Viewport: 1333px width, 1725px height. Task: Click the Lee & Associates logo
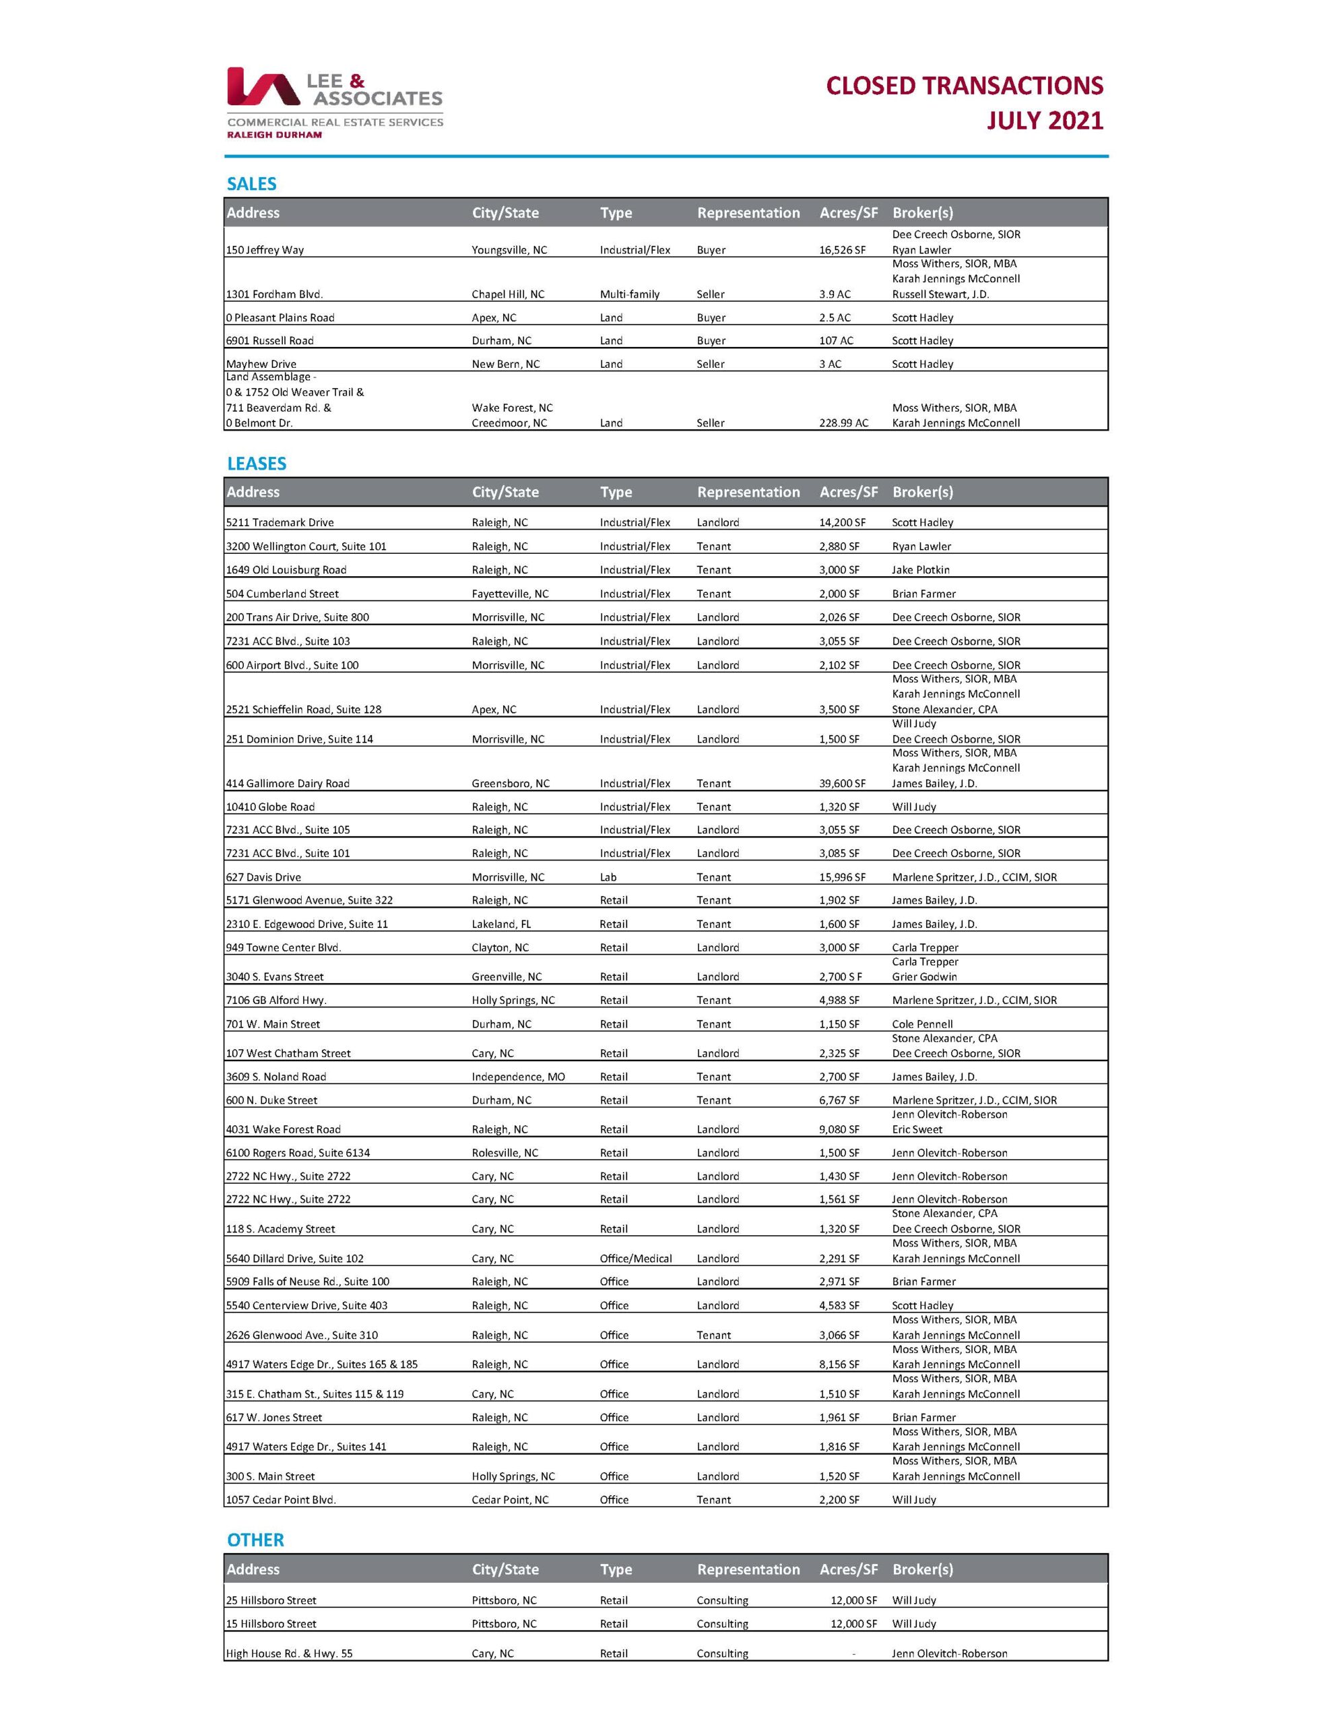pyautogui.click(x=335, y=102)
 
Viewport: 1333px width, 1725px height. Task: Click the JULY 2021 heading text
pyautogui.click(x=1044, y=121)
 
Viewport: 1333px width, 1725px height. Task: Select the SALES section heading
pyautogui.click(x=251, y=184)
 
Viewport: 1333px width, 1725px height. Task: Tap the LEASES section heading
pyautogui.click(x=257, y=464)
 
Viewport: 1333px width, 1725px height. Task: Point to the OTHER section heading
pyautogui.click(x=255, y=1540)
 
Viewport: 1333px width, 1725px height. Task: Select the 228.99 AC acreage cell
pyautogui.click(x=843, y=423)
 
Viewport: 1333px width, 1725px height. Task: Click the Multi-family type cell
pyautogui.click(x=629, y=294)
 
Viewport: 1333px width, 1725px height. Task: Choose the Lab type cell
pyautogui.click(x=608, y=877)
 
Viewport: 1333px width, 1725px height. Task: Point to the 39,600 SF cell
pyautogui.click(x=842, y=784)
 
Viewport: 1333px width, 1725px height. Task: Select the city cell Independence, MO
pyautogui.click(x=518, y=1077)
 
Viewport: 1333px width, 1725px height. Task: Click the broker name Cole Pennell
pyautogui.click(x=922, y=1024)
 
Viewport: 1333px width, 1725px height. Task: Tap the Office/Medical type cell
pyautogui.click(x=636, y=1259)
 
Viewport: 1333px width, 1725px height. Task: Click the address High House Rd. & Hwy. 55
pyautogui.click(x=289, y=1653)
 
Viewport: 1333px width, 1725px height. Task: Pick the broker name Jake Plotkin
pyautogui.click(x=921, y=570)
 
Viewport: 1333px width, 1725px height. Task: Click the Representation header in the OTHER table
pyautogui.click(x=748, y=1569)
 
